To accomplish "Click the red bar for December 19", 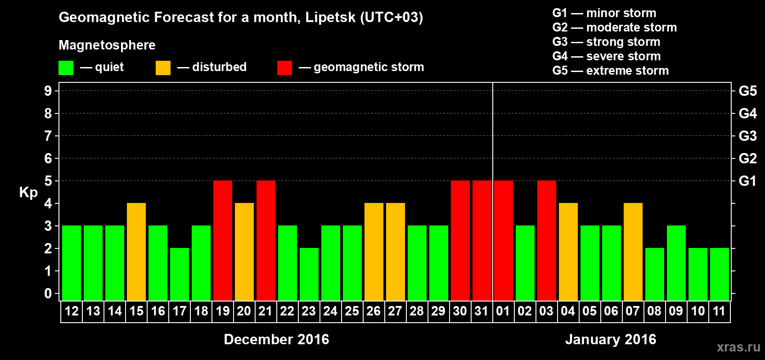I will coord(223,240).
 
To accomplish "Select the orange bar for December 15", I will coord(136,252).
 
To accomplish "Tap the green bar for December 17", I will coord(180,274).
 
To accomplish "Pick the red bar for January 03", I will coord(547,240).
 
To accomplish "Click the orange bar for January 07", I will coord(633,252).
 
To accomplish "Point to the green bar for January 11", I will coord(720,274).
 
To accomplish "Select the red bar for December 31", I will coord(482,240).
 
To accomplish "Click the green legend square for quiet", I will coord(66,68).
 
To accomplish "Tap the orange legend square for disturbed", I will coord(163,68).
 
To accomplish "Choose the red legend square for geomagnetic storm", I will coord(284,68).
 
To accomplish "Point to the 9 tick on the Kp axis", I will coord(48,91).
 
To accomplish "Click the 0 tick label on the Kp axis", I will coord(48,293).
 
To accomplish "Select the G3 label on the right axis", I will coord(747,136).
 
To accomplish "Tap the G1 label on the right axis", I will coord(747,181).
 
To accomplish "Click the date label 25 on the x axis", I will coord(352,311).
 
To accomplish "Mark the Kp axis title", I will coord(28,192).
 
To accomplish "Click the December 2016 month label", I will coord(276,339).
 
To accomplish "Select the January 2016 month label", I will coord(611,339).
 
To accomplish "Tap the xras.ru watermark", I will coord(738,347).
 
